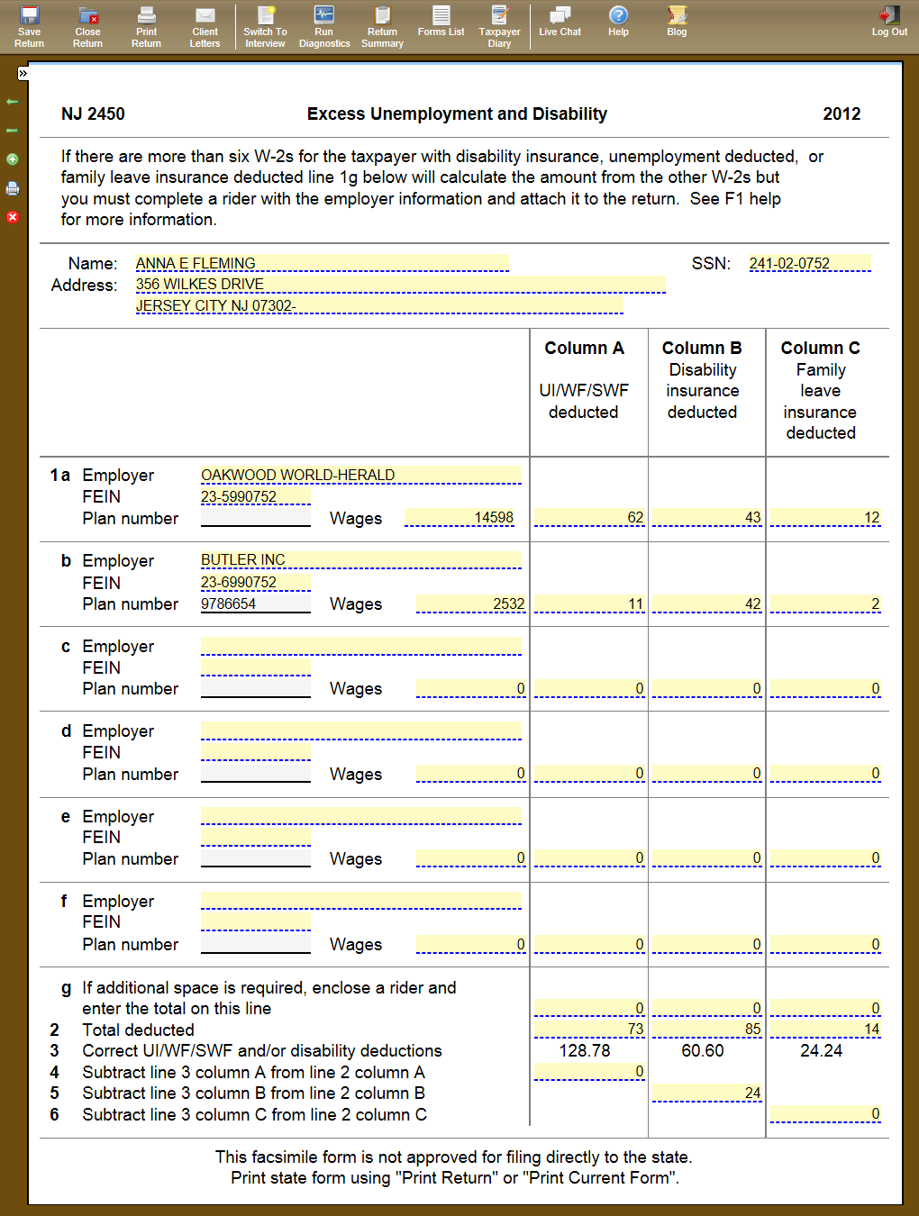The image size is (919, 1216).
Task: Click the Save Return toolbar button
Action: [29, 26]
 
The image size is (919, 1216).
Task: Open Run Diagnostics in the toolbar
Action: [324, 26]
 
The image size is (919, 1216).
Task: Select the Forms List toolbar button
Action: [441, 21]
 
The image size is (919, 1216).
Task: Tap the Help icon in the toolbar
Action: [618, 21]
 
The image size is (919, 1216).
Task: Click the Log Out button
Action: [889, 21]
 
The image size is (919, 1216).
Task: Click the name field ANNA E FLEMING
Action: [196, 263]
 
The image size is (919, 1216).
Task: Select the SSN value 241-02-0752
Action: [789, 263]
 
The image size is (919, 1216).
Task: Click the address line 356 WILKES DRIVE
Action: [200, 285]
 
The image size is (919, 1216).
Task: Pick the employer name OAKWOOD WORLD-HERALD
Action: [297, 475]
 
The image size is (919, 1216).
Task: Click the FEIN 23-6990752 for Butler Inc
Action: [239, 582]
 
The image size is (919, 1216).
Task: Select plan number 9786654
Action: [229, 603]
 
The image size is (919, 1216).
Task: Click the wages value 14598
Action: [494, 518]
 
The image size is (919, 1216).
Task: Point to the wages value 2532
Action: [508, 603]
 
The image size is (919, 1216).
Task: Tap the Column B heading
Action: [702, 348]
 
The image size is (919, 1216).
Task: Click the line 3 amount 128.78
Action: [585, 1050]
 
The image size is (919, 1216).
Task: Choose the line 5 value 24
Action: [752, 1093]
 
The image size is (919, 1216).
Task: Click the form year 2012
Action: [842, 113]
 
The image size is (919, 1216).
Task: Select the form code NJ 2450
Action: [93, 113]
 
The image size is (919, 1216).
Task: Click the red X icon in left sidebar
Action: [13, 217]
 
